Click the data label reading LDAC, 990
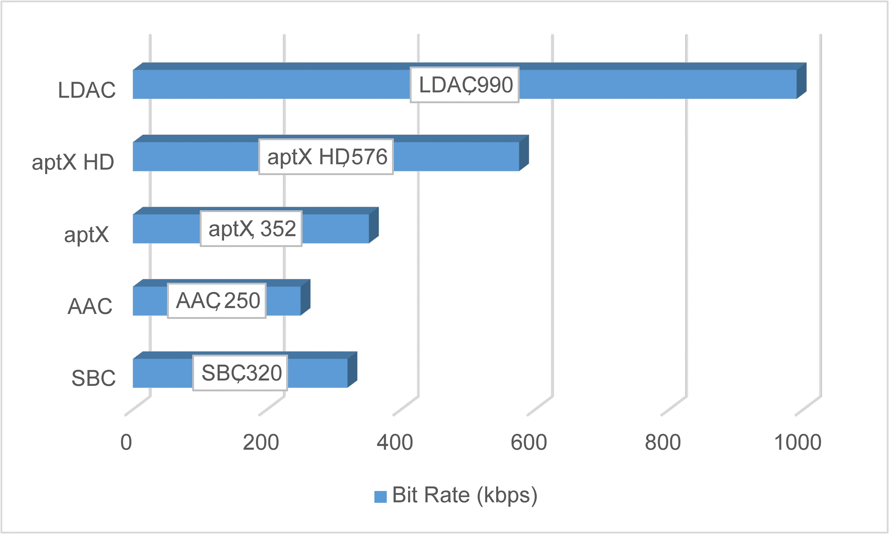point(464,85)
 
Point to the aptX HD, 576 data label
point(326,157)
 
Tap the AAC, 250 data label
point(216,301)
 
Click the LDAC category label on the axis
point(87,90)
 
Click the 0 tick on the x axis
point(126,442)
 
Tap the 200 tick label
point(261,442)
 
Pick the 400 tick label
point(395,442)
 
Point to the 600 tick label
point(529,442)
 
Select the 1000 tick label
point(798,442)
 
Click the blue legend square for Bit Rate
point(380,496)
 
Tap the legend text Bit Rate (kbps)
point(464,495)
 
